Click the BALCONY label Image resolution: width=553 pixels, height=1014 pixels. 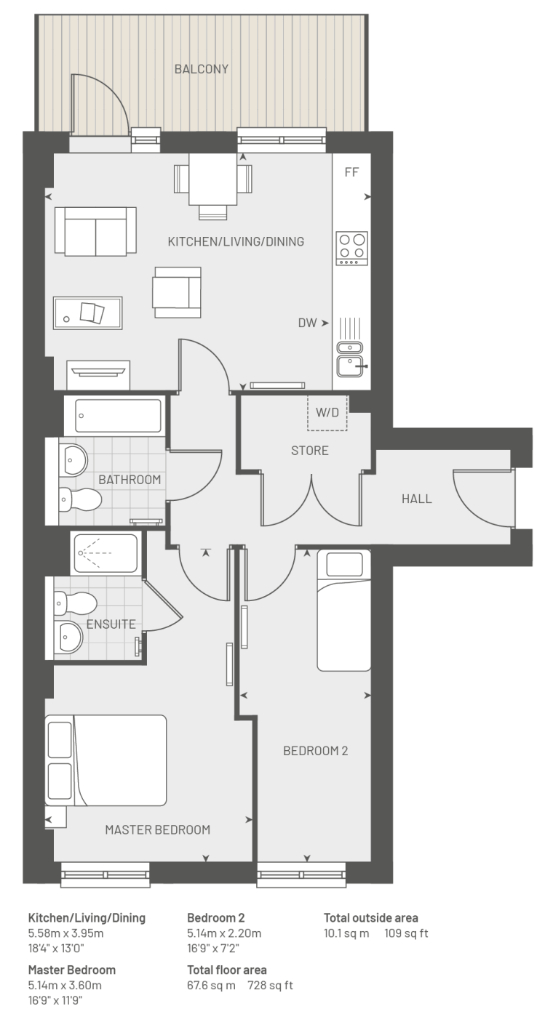[202, 69]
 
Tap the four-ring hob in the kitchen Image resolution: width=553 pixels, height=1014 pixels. [351, 248]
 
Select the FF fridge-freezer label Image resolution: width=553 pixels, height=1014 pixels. [351, 172]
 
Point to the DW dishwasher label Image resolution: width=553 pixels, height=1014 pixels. [307, 323]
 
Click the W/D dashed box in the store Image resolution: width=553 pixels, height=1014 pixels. [327, 412]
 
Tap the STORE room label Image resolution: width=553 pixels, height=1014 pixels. [309, 451]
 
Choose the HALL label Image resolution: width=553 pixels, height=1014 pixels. [416, 499]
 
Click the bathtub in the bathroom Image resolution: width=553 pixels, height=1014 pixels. [119, 416]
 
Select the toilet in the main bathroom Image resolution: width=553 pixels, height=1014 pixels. [80, 500]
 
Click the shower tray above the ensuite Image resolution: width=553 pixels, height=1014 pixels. [106, 553]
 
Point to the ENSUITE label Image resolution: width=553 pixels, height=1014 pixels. [111, 624]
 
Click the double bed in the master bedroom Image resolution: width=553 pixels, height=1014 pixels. [106, 760]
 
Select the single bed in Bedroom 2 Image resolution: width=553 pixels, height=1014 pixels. [344, 610]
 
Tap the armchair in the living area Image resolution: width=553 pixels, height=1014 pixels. [177, 292]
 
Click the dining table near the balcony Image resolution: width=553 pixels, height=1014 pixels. [213, 180]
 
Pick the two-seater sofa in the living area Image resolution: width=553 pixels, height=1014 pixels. [95, 231]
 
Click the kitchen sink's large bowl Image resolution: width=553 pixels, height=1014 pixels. [350, 366]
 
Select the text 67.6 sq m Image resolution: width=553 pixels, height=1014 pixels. [211, 985]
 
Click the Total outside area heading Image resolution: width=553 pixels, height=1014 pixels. [371, 917]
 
